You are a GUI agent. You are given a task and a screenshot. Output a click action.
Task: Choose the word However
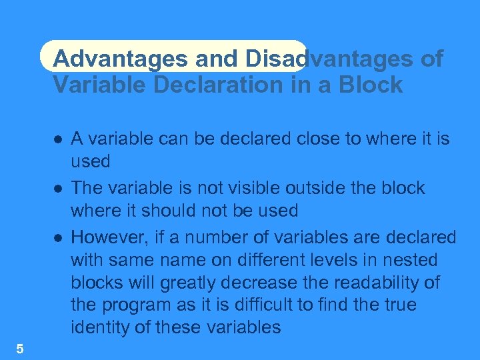107,237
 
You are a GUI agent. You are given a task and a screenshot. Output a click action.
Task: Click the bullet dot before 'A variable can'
59,139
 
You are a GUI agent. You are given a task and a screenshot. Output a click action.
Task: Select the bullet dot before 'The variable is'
59,189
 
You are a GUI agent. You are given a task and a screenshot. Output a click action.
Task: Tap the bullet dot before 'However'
59,237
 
